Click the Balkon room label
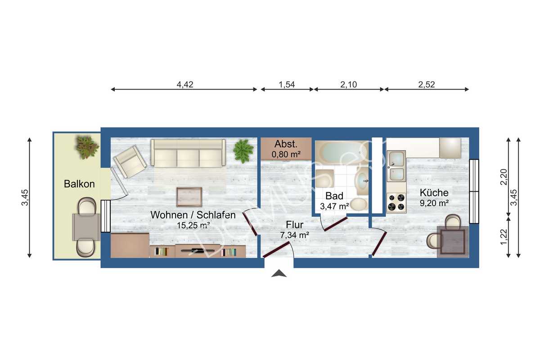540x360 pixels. [79, 184]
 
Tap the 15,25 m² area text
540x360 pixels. [193, 225]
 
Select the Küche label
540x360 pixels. [434, 193]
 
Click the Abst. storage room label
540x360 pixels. [286, 144]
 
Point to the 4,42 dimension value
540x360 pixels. [184, 84]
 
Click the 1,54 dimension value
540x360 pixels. [287, 84]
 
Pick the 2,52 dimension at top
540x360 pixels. [426, 84]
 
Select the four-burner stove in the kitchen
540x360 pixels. [396, 202]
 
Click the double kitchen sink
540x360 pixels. [396, 166]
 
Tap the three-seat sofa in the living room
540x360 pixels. [188, 153]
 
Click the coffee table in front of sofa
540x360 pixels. [189, 197]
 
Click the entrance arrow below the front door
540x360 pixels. [279, 273]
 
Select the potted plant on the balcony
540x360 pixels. [86, 147]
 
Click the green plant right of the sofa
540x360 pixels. [243, 151]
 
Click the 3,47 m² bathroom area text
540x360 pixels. [334, 207]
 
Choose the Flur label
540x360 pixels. [295, 225]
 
